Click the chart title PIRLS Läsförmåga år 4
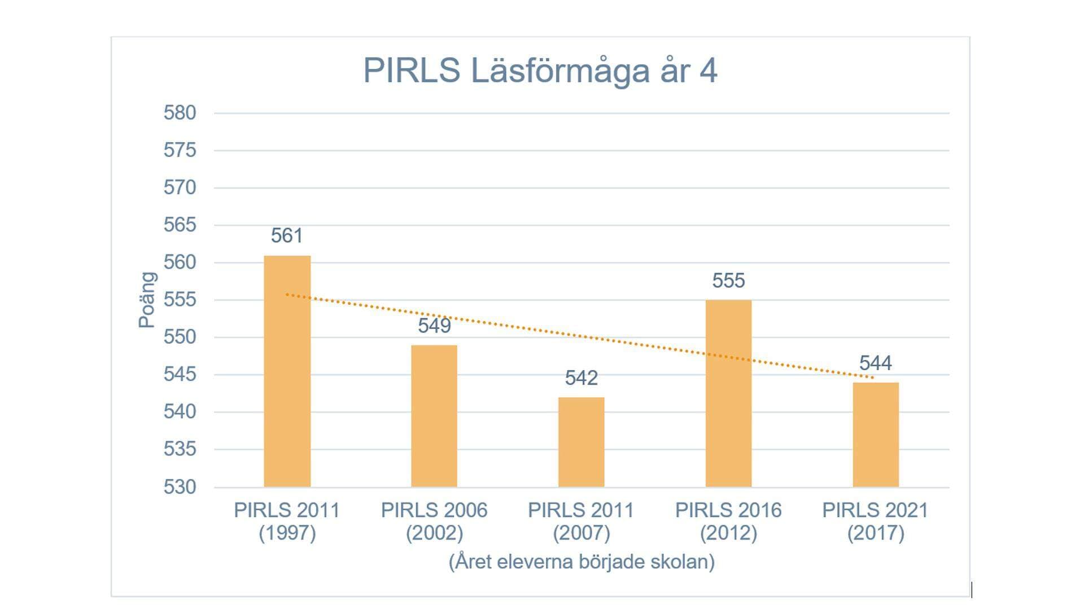click(x=540, y=71)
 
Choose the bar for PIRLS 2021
click(x=875, y=435)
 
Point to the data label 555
click(x=728, y=281)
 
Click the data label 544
click(x=875, y=363)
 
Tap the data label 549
click(x=434, y=326)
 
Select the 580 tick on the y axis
click(x=180, y=113)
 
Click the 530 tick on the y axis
click(x=180, y=487)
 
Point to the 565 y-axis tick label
click(x=180, y=225)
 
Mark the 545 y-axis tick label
click(x=180, y=374)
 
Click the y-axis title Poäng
click(x=147, y=300)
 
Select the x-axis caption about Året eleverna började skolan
click(x=582, y=562)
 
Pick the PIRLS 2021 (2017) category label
click(x=875, y=522)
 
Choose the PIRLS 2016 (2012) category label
click(x=728, y=522)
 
